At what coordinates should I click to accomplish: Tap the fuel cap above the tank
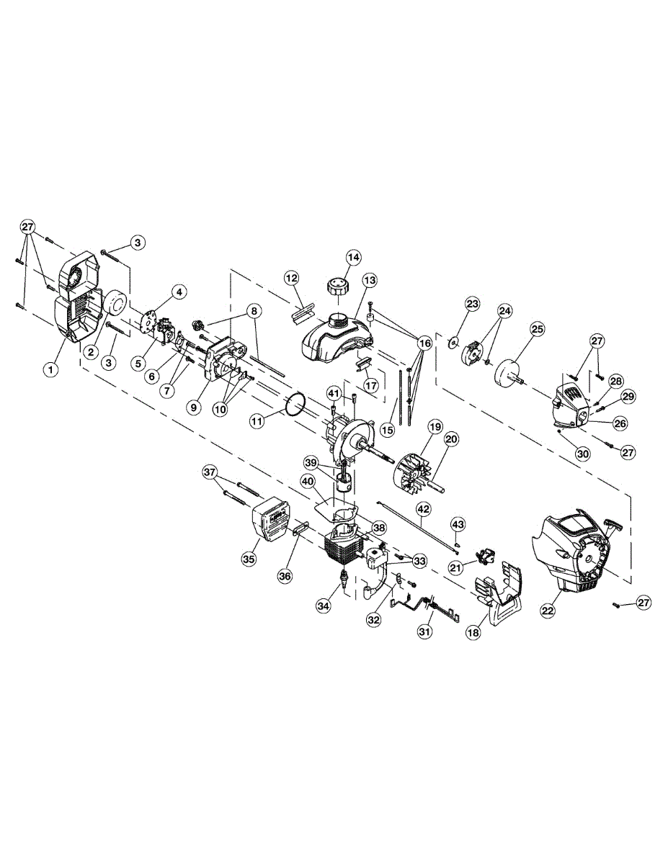coord(337,287)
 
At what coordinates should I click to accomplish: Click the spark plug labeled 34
coord(347,578)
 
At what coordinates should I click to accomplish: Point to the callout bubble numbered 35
coord(250,559)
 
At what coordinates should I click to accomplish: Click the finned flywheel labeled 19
coord(412,474)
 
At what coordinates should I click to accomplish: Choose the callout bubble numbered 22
coord(548,610)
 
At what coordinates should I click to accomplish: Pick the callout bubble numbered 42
coord(424,509)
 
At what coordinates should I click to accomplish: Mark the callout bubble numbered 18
coord(473,632)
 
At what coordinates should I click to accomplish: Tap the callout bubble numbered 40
coord(308,481)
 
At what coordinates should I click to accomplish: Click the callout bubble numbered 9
coord(193,407)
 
